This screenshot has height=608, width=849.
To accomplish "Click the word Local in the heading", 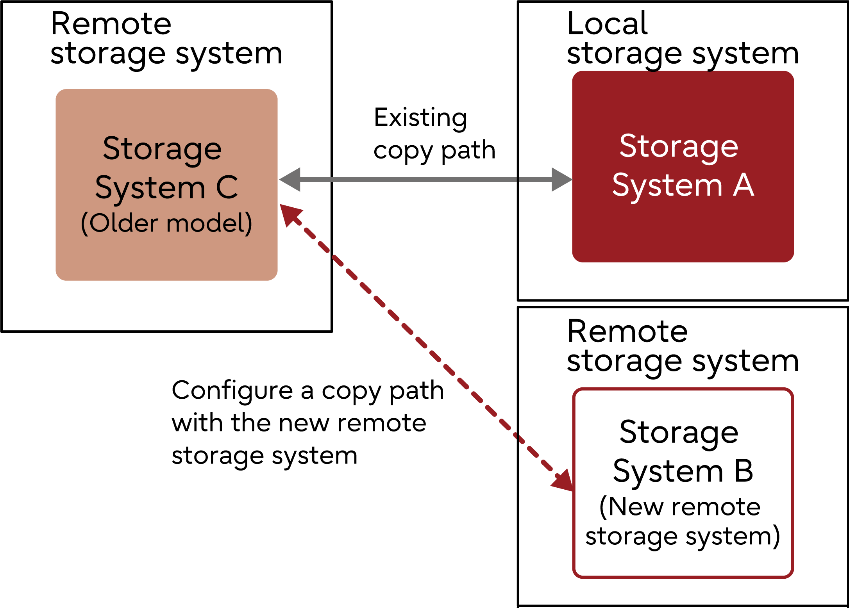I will point(607,23).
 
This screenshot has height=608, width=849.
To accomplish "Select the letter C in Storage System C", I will point(227,187).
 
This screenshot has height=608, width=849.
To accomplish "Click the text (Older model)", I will point(166,223).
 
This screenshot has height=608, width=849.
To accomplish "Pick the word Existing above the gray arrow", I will point(420,118).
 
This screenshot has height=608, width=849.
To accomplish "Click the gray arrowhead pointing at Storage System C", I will point(290,180).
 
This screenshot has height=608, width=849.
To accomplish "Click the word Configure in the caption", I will point(232,390).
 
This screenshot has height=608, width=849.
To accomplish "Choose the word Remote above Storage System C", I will point(111,24).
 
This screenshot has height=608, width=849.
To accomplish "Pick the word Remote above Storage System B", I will point(627,332).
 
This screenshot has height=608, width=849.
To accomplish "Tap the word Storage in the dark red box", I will point(679,146).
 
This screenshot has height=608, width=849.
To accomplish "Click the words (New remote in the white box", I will point(680,507).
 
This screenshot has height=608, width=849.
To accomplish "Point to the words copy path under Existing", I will point(434,151).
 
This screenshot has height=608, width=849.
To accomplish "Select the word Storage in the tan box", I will point(162,149).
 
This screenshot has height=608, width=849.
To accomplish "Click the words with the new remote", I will point(299,423).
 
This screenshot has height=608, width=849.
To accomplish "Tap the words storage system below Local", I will point(683,54).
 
